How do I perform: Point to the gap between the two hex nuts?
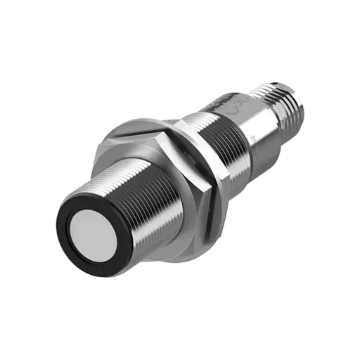184,151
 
